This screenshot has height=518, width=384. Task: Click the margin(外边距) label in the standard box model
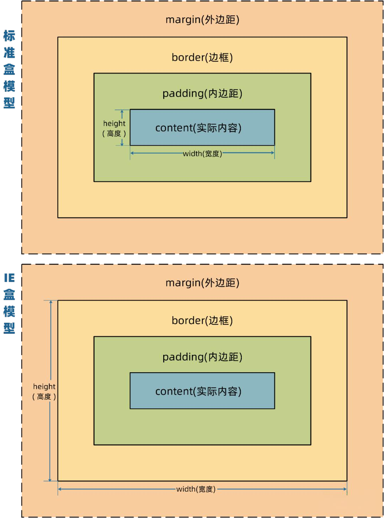202,20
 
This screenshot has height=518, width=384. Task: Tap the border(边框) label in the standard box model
202,57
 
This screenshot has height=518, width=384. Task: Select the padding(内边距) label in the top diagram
202,94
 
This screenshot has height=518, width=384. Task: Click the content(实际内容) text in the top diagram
198,128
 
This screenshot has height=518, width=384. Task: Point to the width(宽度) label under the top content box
202,154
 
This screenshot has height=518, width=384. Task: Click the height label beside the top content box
114,123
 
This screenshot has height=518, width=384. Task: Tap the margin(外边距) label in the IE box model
202,283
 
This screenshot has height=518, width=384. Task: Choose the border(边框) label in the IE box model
202,320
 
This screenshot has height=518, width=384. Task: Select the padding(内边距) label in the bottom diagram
202,357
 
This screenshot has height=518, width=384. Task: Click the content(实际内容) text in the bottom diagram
198,391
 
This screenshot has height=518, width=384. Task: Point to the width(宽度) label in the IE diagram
196,489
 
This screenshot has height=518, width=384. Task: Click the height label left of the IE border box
44,386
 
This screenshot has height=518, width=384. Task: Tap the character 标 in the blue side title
9,36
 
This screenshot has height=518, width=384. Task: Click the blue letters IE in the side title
9,278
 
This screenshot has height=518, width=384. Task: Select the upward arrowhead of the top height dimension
122,112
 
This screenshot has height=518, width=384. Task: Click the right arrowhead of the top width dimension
273,153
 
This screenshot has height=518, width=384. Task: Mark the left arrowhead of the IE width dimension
60,489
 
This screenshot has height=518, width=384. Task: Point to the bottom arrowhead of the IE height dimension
50,480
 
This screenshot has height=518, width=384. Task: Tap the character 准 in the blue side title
9,53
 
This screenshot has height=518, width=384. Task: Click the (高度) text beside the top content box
114,133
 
